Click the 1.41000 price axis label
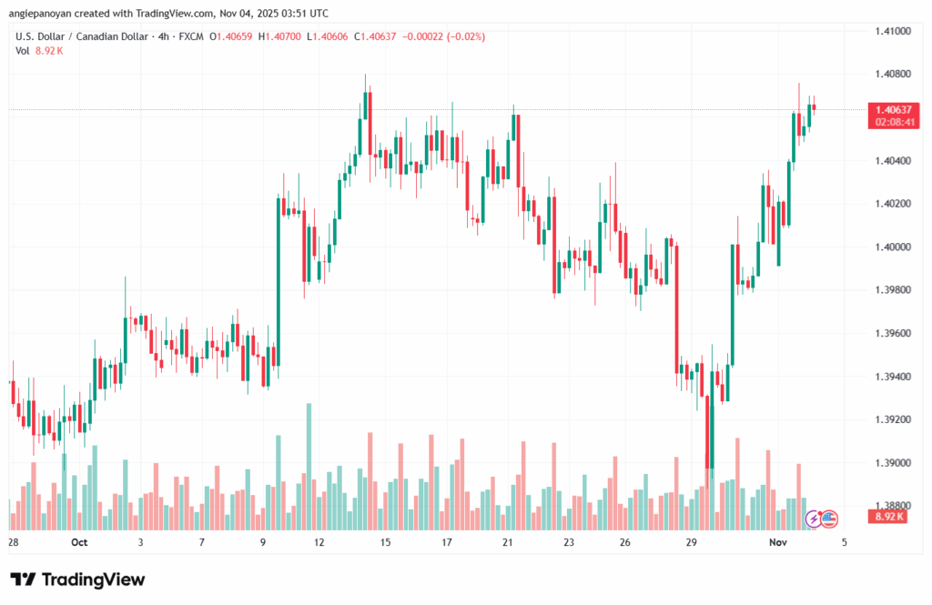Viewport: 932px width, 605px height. (x=893, y=31)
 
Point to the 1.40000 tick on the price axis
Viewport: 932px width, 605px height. (x=893, y=247)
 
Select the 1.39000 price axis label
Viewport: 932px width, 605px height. (x=893, y=463)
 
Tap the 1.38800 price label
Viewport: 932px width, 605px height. (x=893, y=505)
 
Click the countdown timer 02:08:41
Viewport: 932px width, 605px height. (x=893, y=121)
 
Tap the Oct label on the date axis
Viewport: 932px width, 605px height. (x=78, y=542)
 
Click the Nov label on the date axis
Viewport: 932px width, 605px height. (x=777, y=542)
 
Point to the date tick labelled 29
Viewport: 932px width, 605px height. (x=691, y=542)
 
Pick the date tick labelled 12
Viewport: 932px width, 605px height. (x=319, y=542)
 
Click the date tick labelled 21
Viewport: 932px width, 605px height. (x=508, y=542)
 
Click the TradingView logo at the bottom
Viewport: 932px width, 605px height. (x=77, y=580)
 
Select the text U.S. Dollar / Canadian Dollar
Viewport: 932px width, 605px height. (x=77, y=36)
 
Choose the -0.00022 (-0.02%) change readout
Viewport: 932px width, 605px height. (x=445, y=36)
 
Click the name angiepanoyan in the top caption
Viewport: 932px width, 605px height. (x=41, y=14)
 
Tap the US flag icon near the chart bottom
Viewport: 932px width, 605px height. (x=829, y=519)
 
